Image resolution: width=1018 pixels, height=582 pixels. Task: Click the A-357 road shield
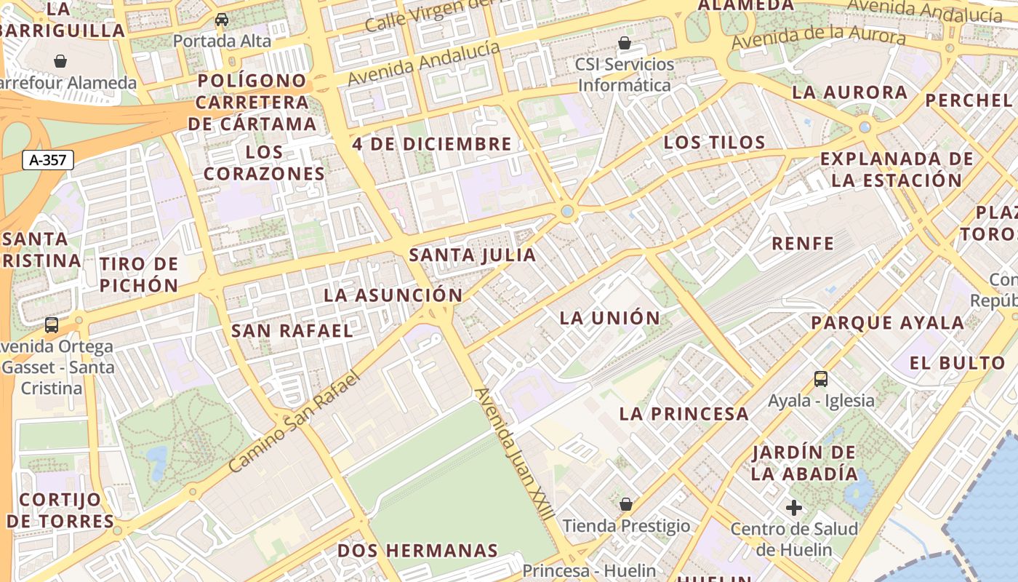48,160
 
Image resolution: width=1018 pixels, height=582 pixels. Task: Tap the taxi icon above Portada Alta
222,20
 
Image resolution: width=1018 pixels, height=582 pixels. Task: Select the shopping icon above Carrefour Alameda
60,61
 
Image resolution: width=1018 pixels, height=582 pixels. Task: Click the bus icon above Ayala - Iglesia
821,379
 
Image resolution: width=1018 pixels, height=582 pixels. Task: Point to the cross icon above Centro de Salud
794,507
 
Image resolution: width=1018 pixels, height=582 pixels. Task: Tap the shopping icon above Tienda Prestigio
626,504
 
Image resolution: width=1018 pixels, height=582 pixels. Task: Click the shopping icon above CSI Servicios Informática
624,43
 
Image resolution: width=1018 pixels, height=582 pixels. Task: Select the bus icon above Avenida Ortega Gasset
52,325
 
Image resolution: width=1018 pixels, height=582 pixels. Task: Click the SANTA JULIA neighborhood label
473,255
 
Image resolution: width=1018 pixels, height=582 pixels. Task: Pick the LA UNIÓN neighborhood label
610,318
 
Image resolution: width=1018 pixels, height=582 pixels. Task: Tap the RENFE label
803,244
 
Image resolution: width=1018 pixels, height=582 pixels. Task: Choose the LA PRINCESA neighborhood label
684,414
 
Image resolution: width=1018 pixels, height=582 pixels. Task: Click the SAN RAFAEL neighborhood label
292,330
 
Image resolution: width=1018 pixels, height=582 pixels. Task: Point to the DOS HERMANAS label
417,551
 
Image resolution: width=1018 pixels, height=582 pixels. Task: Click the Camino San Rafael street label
294,422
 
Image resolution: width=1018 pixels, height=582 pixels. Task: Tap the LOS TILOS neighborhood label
714,143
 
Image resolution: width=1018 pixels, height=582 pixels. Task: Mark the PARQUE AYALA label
887,322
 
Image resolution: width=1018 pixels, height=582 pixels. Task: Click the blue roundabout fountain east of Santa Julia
567,212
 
